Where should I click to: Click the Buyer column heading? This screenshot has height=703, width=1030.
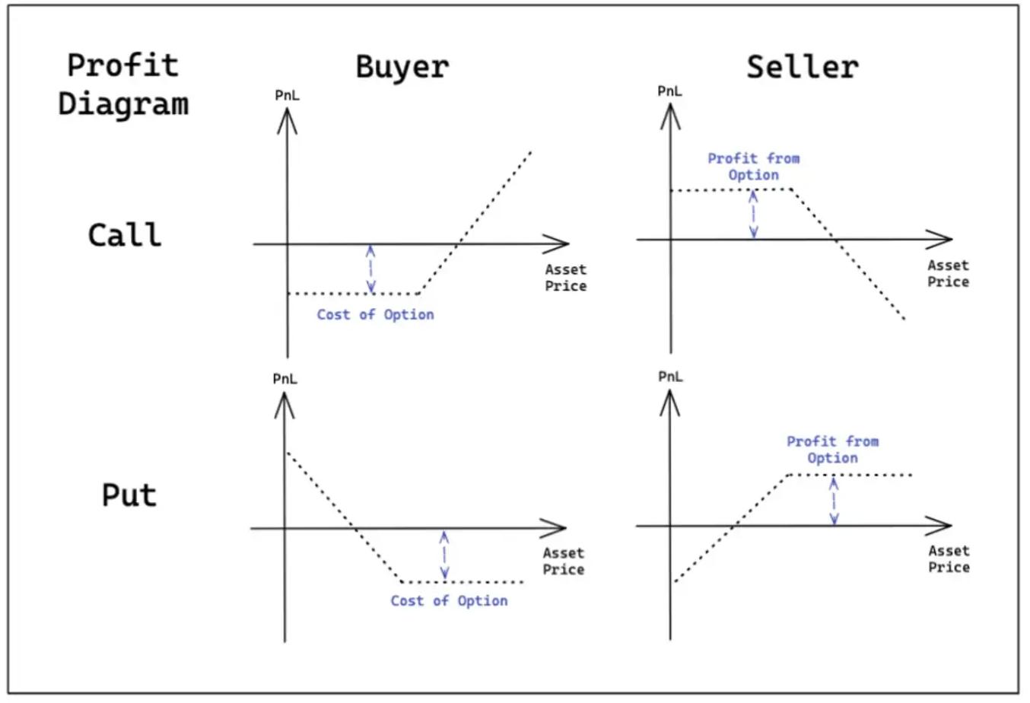pyautogui.click(x=402, y=67)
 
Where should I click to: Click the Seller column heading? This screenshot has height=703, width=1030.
pyautogui.click(x=803, y=67)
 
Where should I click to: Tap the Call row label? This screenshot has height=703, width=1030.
pyautogui.click(x=125, y=234)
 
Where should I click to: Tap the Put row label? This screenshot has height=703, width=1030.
pyautogui.click(x=129, y=495)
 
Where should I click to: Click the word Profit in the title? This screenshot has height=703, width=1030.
pyautogui.click(x=122, y=65)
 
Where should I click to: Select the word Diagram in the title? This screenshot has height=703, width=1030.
pyautogui.click(x=123, y=103)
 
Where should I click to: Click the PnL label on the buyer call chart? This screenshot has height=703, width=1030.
pyautogui.click(x=287, y=95)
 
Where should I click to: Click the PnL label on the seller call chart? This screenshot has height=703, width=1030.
pyautogui.click(x=669, y=91)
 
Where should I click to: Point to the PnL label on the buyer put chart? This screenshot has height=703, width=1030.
pyautogui.click(x=285, y=379)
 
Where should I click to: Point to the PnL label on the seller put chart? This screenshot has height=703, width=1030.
pyautogui.click(x=670, y=377)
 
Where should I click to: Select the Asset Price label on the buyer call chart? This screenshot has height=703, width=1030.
pyautogui.click(x=565, y=278)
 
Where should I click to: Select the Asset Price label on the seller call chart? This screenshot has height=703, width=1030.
pyautogui.click(x=948, y=274)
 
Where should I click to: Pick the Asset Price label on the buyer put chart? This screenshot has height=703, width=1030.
pyautogui.click(x=563, y=561)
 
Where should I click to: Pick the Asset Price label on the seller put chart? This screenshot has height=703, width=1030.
pyautogui.click(x=949, y=559)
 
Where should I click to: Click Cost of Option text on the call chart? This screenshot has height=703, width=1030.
pyautogui.click(x=375, y=315)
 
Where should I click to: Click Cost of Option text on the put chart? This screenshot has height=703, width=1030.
pyautogui.click(x=449, y=601)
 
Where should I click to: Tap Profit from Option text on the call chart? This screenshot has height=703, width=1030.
pyautogui.click(x=753, y=167)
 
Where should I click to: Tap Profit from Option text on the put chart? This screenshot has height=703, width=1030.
pyautogui.click(x=832, y=450)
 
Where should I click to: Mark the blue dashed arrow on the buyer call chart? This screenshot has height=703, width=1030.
pyautogui.click(x=370, y=269)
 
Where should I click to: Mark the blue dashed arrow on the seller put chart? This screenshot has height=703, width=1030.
pyautogui.click(x=834, y=501)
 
